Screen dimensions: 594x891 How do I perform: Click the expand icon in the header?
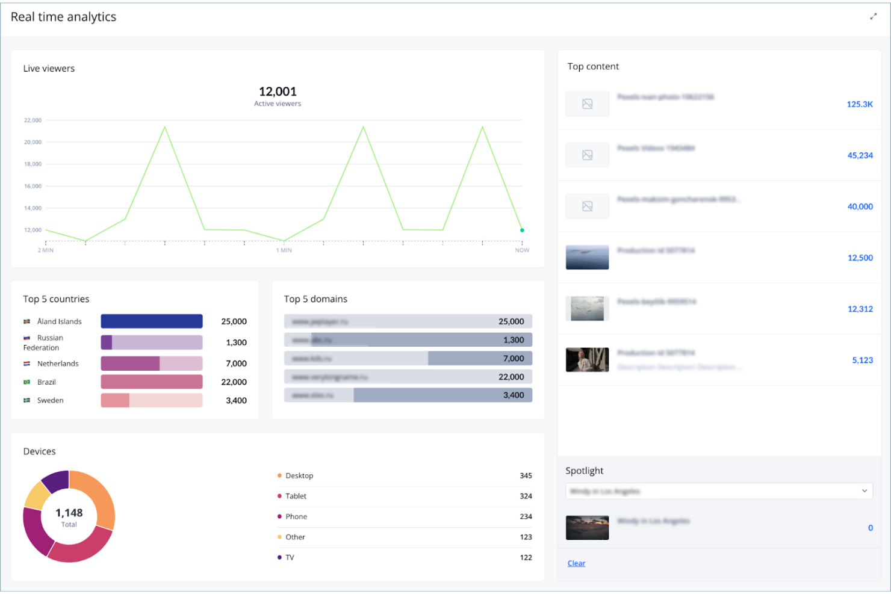tap(873, 17)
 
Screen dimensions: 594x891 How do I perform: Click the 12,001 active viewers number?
tap(278, 91)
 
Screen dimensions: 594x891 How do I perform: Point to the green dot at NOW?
tap(522, 230)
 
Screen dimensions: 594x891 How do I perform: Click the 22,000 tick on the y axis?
tap(33, 120)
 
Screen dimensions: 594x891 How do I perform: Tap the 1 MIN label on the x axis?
tap(284, 250)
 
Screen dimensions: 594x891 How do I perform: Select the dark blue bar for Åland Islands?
tap(151, 321)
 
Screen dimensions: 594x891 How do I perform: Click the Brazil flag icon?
tap(27, 382)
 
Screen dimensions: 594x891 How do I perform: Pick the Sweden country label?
tap(50, 400)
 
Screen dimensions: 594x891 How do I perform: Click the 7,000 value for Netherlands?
tap(236, 364)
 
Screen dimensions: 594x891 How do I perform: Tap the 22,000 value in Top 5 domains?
tap(511, 377)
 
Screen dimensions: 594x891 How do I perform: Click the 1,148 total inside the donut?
tap(69, 513)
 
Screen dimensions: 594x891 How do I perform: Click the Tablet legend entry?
tap(296, 496)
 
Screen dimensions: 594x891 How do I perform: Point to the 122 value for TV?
tap(526, 557)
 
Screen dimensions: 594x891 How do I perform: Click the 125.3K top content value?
tap(859, 104)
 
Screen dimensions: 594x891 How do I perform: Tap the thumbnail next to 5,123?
tap(587, 360)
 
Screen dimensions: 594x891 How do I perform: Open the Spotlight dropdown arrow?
tap(865, 491)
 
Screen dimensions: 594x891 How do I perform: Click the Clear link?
tap(576, 563)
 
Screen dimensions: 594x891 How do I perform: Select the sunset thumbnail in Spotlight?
tap(587, 528)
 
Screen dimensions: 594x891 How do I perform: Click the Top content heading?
tap(593, 66)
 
